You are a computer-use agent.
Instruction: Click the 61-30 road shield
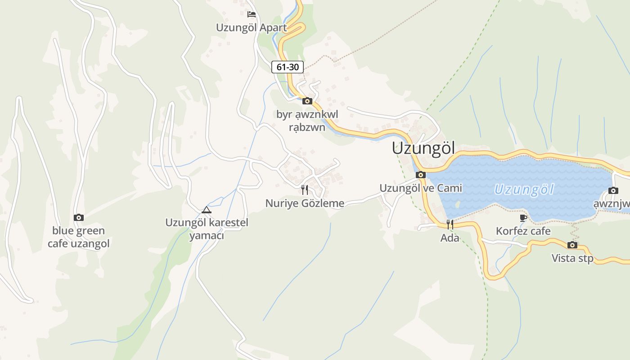288,67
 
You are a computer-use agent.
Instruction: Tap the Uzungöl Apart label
251,27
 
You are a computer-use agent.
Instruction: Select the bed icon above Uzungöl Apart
252,14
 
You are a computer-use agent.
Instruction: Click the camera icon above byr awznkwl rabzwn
307,101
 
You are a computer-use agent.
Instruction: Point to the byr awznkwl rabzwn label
307,121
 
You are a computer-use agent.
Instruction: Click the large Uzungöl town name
423,148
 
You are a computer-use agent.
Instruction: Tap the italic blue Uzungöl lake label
524,189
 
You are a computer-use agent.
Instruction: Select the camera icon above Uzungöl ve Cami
421,175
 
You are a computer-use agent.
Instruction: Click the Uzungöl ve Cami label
421,188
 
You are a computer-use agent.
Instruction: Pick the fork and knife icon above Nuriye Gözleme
305,189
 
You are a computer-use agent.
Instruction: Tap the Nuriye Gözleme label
305,203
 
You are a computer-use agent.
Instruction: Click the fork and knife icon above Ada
450,224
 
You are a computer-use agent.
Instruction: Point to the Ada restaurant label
450,238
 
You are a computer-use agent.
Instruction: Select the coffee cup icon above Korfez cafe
523,218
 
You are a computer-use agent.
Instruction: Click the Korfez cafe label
523,231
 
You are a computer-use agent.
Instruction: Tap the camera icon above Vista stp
572,245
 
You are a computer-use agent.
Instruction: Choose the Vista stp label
572,258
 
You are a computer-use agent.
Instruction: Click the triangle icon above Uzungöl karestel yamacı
207,210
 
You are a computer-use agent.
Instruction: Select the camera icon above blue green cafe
79,218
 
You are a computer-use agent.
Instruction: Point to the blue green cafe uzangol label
79,237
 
